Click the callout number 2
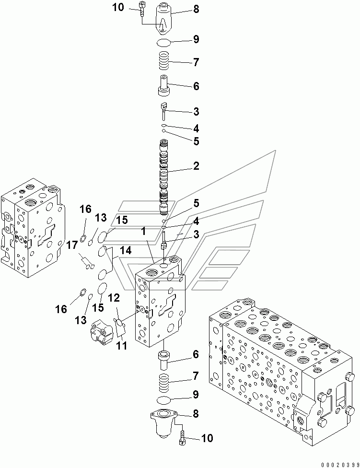pos(196,166)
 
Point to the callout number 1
pos(143,231)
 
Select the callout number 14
pos(125,250)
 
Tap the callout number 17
pos(71,245)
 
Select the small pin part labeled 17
pos(86,262)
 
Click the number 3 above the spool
pos(196,112)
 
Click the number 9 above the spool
pos(196,39)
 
